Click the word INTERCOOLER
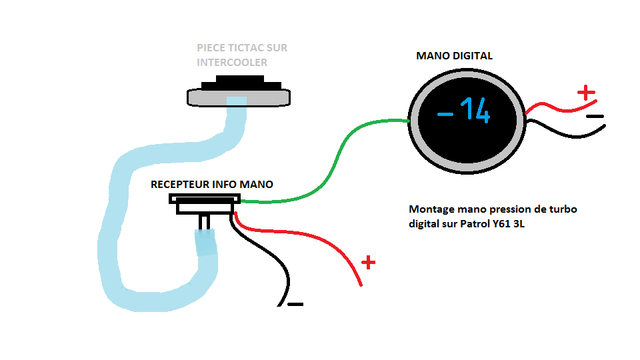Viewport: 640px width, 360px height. [232, 63]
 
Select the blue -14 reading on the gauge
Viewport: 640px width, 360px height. [464, 111]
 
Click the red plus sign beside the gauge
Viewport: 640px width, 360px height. [586, 93]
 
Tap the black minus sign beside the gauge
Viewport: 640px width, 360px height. [595, 116]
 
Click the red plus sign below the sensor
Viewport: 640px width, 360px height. [368, 263]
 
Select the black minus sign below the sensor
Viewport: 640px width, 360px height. [295, 304]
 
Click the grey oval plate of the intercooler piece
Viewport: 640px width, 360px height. [239, 98]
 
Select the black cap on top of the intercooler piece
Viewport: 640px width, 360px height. [241, 83]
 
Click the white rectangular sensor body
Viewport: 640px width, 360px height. [205, 204]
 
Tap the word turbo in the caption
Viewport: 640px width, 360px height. [563, 209]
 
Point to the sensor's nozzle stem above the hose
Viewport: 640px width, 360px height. [205, 222]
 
